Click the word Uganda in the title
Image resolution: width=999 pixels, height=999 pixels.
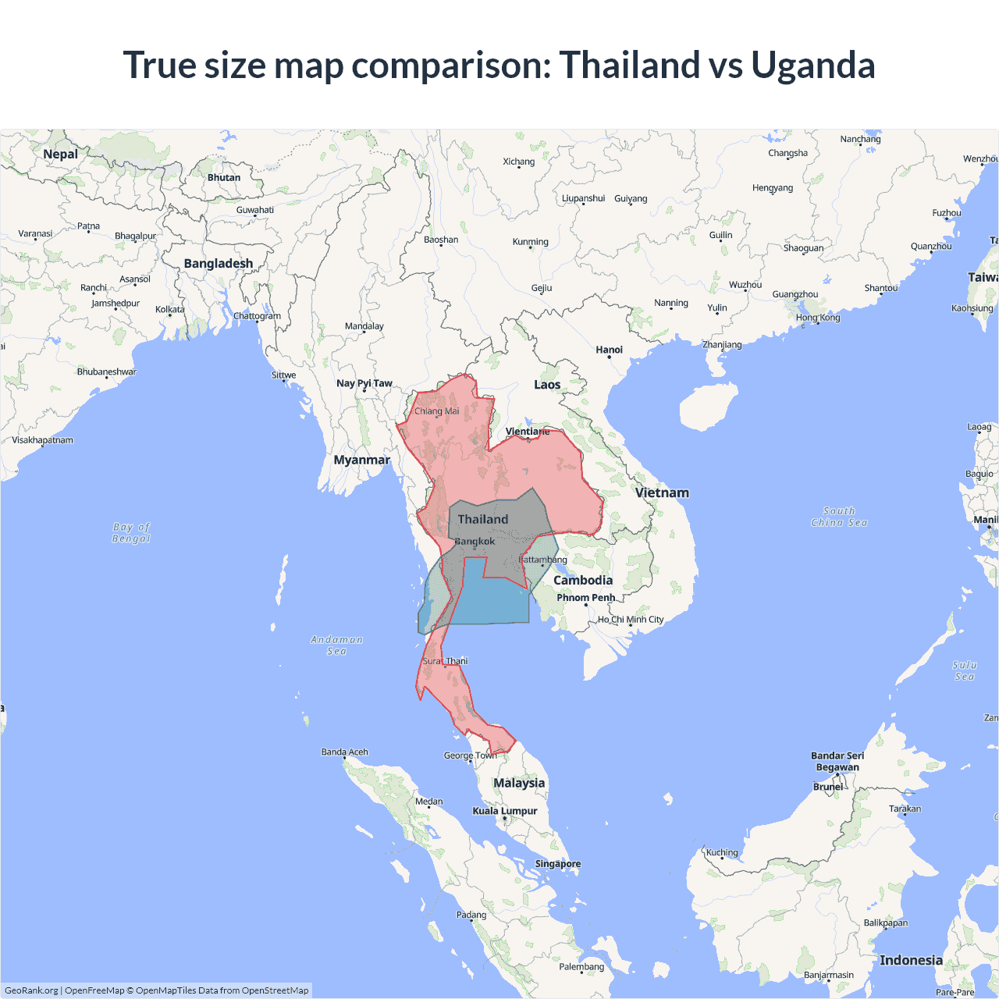(x=812, y=65)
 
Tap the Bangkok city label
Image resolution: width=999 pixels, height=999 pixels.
(x=475, y=541)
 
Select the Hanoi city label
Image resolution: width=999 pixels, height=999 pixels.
(x=609, y=350)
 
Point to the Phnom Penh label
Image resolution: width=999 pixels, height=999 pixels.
(x=585, y=598)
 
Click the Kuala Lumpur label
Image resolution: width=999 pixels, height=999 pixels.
(x=504, y=811)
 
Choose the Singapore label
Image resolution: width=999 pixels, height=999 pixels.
(x=557, y=864)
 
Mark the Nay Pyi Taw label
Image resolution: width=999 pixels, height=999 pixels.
(x=364, y=383)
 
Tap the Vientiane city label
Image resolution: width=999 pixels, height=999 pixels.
(x=528, y=432)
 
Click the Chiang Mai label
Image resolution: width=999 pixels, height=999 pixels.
(x=436, y=411)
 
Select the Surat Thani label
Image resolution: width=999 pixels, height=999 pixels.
(x=445, y=661)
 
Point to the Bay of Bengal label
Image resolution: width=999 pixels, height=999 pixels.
(x=131, y=532)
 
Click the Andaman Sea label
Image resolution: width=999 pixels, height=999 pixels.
(x=336, y=645)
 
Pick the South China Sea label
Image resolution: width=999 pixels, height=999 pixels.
(x=839, y=517)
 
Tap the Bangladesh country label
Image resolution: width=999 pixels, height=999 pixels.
(x=219, y=264)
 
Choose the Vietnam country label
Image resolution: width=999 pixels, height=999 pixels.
(x=662, y=492)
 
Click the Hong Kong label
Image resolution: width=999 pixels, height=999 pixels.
(x=818, y=318)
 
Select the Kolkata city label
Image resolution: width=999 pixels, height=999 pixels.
(x=170, y=310)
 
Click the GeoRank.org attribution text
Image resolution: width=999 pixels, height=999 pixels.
(x=31, y=990)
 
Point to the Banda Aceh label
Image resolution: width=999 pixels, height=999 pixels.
(x=344, y=752)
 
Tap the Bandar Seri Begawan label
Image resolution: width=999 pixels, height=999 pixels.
(x=837, y=761)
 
